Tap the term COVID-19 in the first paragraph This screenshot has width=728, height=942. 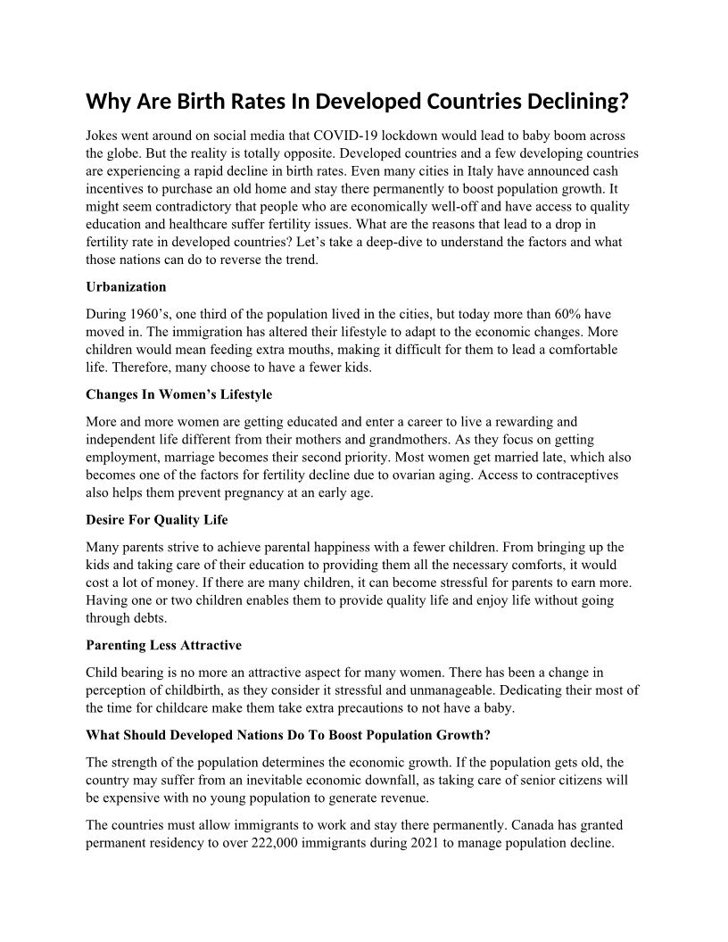point(342,136)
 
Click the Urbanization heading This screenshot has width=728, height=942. point(126,287)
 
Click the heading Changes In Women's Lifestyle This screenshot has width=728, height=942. point(179,394)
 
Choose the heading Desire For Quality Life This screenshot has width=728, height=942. point(157,519)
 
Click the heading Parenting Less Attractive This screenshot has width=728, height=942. point(163,644)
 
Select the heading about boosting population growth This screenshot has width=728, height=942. point(288,735)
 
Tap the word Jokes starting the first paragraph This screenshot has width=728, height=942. point(103,136)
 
